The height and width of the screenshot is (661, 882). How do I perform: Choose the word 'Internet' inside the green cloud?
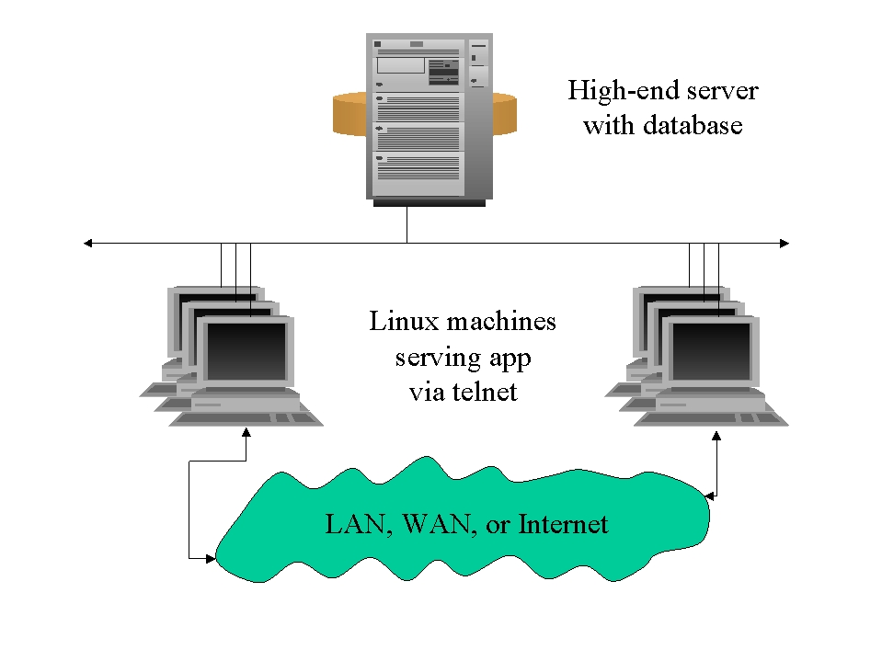pyautogui.click(x=563, y=525)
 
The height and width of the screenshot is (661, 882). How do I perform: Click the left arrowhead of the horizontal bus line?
pyautogui.click(x=88, y=243)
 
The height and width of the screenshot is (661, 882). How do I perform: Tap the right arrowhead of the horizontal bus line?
pyautogui.click(x=784, y=243)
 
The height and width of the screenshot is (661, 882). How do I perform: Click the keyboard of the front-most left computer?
pyautogui.click(x=246, y=419)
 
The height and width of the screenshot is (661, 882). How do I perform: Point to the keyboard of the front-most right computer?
pyautogui.click(x=712, y=419)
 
